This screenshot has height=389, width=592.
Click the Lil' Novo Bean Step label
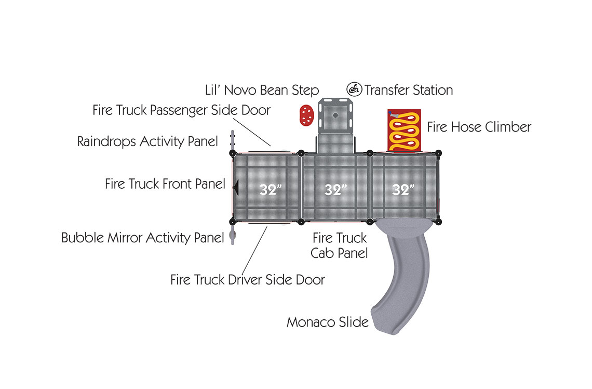pos(262,90)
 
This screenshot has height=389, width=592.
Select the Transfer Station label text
pos(408,90)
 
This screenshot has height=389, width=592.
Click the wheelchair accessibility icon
pos(355,89)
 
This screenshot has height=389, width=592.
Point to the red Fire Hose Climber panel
pos(404,130)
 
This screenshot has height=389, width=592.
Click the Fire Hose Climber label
pos(479,127)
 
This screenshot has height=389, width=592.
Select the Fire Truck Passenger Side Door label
pos(181,110)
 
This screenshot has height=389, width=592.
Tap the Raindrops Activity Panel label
pos(147,141)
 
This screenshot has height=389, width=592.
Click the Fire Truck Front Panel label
pos(165,184)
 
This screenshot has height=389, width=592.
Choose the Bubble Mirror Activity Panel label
pos(142,238)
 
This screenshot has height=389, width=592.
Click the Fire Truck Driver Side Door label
pos(247,279)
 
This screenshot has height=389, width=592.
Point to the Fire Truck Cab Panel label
pos(340,245)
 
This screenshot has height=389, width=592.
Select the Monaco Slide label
pos(327,322)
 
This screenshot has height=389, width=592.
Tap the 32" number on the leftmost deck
pos(270,190)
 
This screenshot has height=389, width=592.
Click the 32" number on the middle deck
pos(335,190)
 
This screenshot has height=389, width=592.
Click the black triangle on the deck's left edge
pos(235,188)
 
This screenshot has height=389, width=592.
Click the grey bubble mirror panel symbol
pos(233,237)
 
